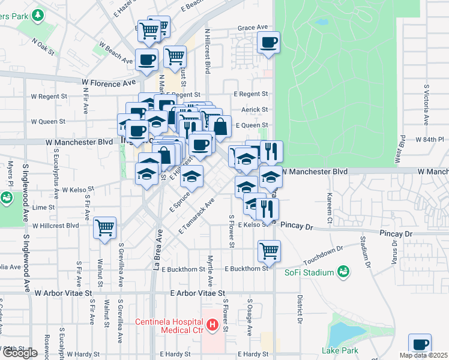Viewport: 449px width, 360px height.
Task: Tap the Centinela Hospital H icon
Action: (x=212, y=326)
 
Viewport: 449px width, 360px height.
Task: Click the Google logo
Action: (x=20, y=353)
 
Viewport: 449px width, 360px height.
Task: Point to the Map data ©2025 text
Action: (x=423, y=355)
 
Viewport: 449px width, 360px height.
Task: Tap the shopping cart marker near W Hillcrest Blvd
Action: (x=105, y=228)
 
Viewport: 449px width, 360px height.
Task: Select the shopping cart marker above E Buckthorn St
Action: (x=269, y=250)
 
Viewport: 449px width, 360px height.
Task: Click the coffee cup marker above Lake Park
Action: (x=420, y=344)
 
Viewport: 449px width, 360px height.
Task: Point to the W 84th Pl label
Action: (x=429, y=139)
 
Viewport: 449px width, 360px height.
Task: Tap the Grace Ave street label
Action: (x=252, y=28)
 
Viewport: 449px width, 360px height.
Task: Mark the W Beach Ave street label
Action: (x=115, y=53)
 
